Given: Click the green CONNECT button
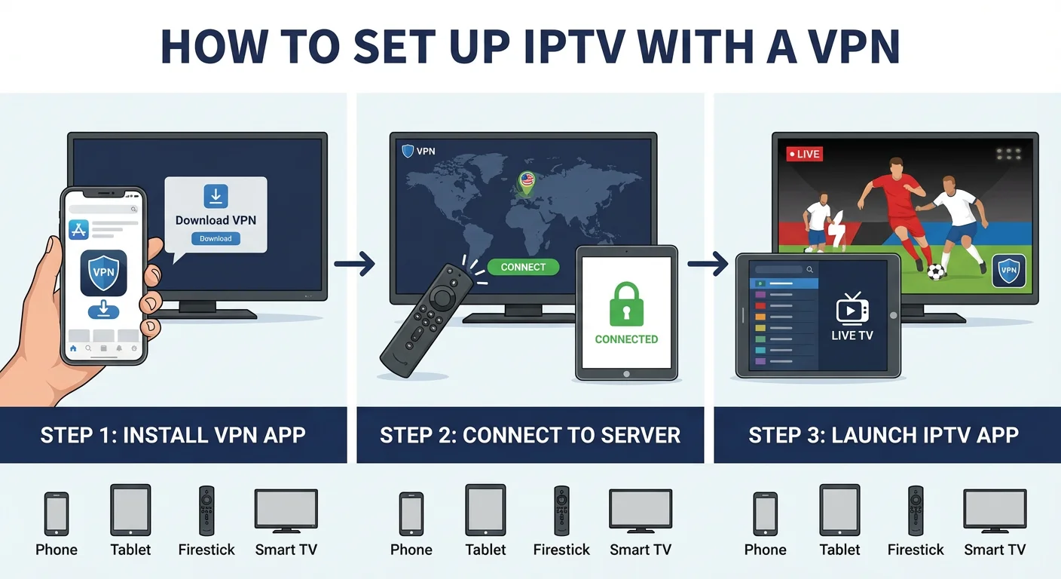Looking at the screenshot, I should pos(523,267).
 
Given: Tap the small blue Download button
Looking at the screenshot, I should pos(216,238).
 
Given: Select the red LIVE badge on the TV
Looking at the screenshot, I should pos(804,154).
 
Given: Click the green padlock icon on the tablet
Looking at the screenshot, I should pos(626,305).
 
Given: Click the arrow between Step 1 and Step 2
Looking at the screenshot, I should pos(354,264).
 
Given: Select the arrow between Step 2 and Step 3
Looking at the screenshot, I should pos(708,264).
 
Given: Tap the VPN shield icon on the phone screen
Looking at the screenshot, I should pos(103,272).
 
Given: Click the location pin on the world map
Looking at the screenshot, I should pos(526,181).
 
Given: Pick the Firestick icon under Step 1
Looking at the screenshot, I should pos(206,510).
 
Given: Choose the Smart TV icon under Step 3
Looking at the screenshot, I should pos(995,510).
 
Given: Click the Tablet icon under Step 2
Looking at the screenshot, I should pos(485,510).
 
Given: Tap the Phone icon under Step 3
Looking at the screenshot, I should pos(765,513).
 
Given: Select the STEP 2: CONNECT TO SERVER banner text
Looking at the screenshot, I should pos(530,435).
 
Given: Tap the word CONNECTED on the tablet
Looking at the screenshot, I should pos(626,339).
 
